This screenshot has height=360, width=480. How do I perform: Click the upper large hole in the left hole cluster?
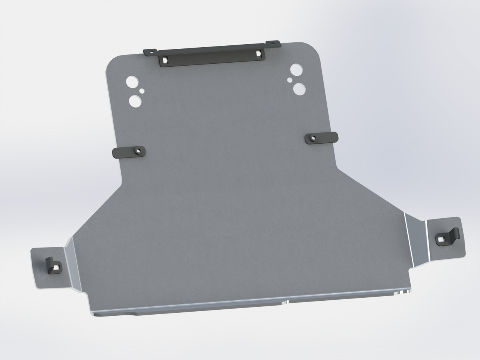click(132, 81)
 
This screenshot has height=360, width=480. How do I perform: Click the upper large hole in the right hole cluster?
click(295, 69)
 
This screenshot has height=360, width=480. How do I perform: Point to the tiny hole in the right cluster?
click(289, 79)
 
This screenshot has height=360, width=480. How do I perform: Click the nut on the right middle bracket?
click(312, 138)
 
